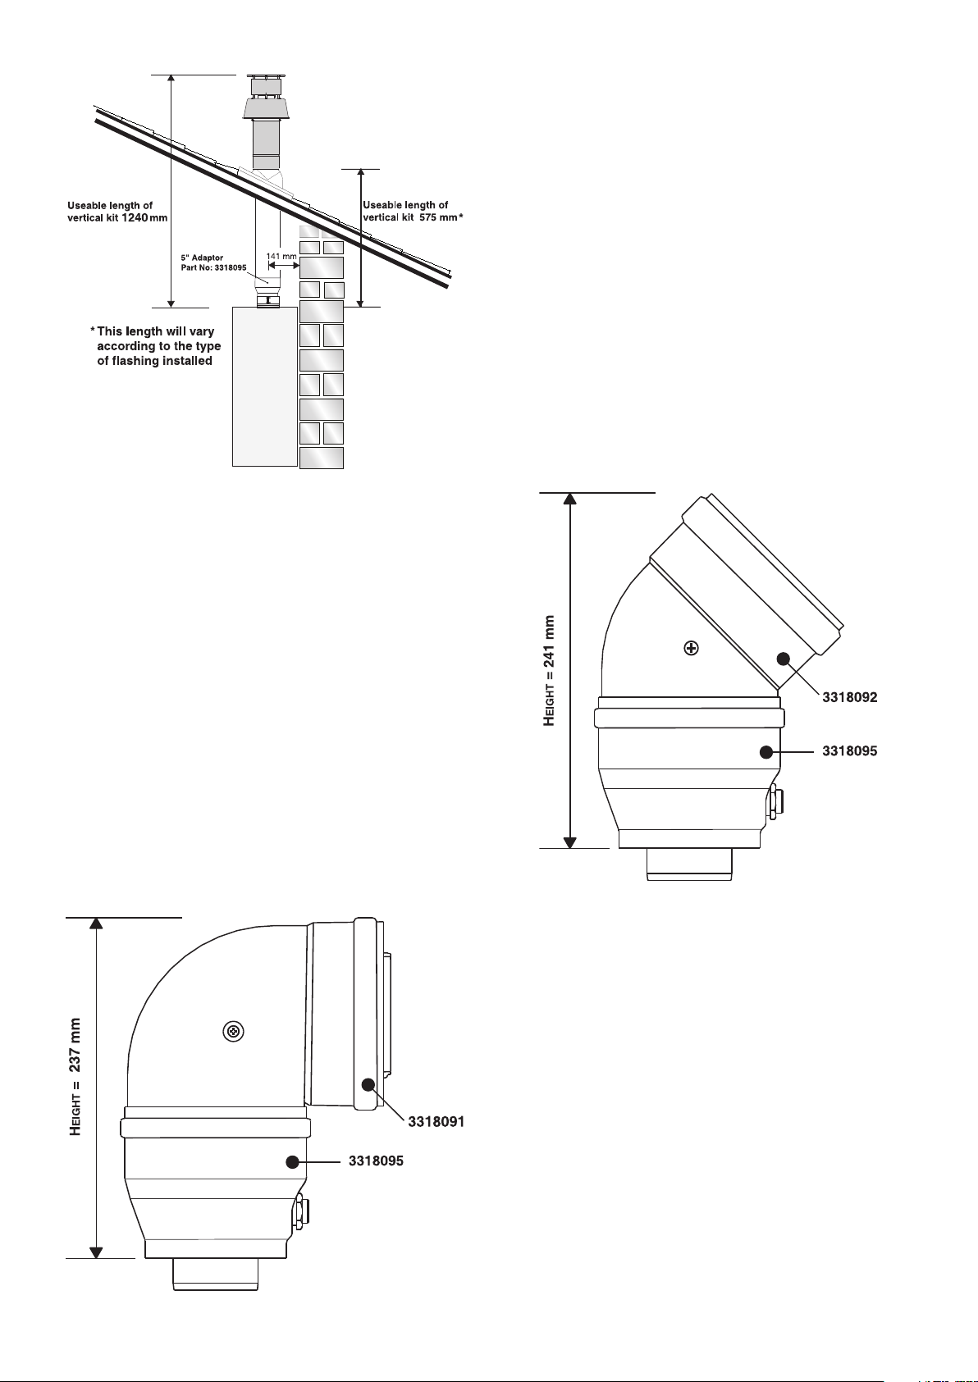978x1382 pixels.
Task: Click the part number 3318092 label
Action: [850, 697]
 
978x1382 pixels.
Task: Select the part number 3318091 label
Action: [436, 1122]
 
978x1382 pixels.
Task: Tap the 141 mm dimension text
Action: [281, 256]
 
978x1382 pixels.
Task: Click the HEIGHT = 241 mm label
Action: [549, 671]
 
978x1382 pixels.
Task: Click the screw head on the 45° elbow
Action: [691, 648]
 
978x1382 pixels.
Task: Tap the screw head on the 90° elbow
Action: [233, 1031]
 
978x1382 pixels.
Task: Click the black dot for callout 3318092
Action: [784, 659]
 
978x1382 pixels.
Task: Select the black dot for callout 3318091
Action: [368, 1084]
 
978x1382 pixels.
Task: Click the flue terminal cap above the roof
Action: [265, 98]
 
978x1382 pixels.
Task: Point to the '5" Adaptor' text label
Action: [202, 258]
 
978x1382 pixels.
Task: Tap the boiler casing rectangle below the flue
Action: [265, 387]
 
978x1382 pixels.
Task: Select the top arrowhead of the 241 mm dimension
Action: [569, 499]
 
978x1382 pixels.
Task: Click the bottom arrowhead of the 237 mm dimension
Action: [96, 1252]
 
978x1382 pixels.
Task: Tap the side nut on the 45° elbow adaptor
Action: [774, 803]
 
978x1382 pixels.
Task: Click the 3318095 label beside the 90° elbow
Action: [376, 1161]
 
